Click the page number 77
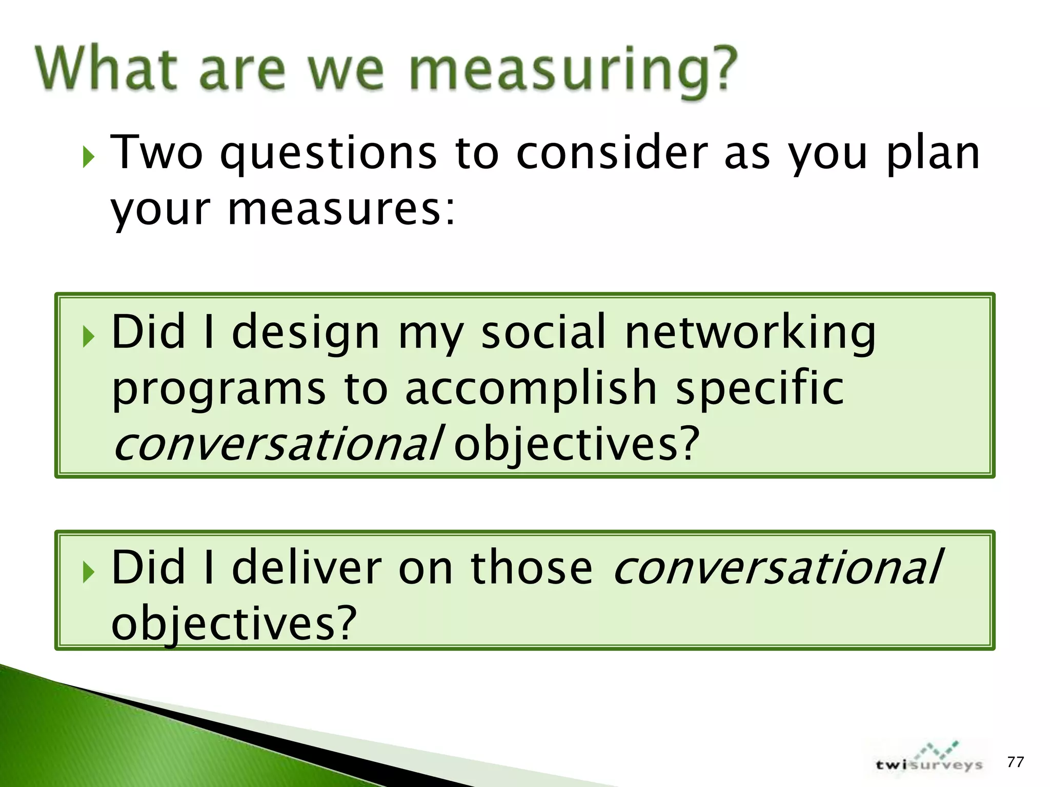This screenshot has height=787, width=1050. click(x=1015, y=762)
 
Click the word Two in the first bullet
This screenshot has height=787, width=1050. click(x=157, y=152)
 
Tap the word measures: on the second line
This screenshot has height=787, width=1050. click(x=341, y=210)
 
